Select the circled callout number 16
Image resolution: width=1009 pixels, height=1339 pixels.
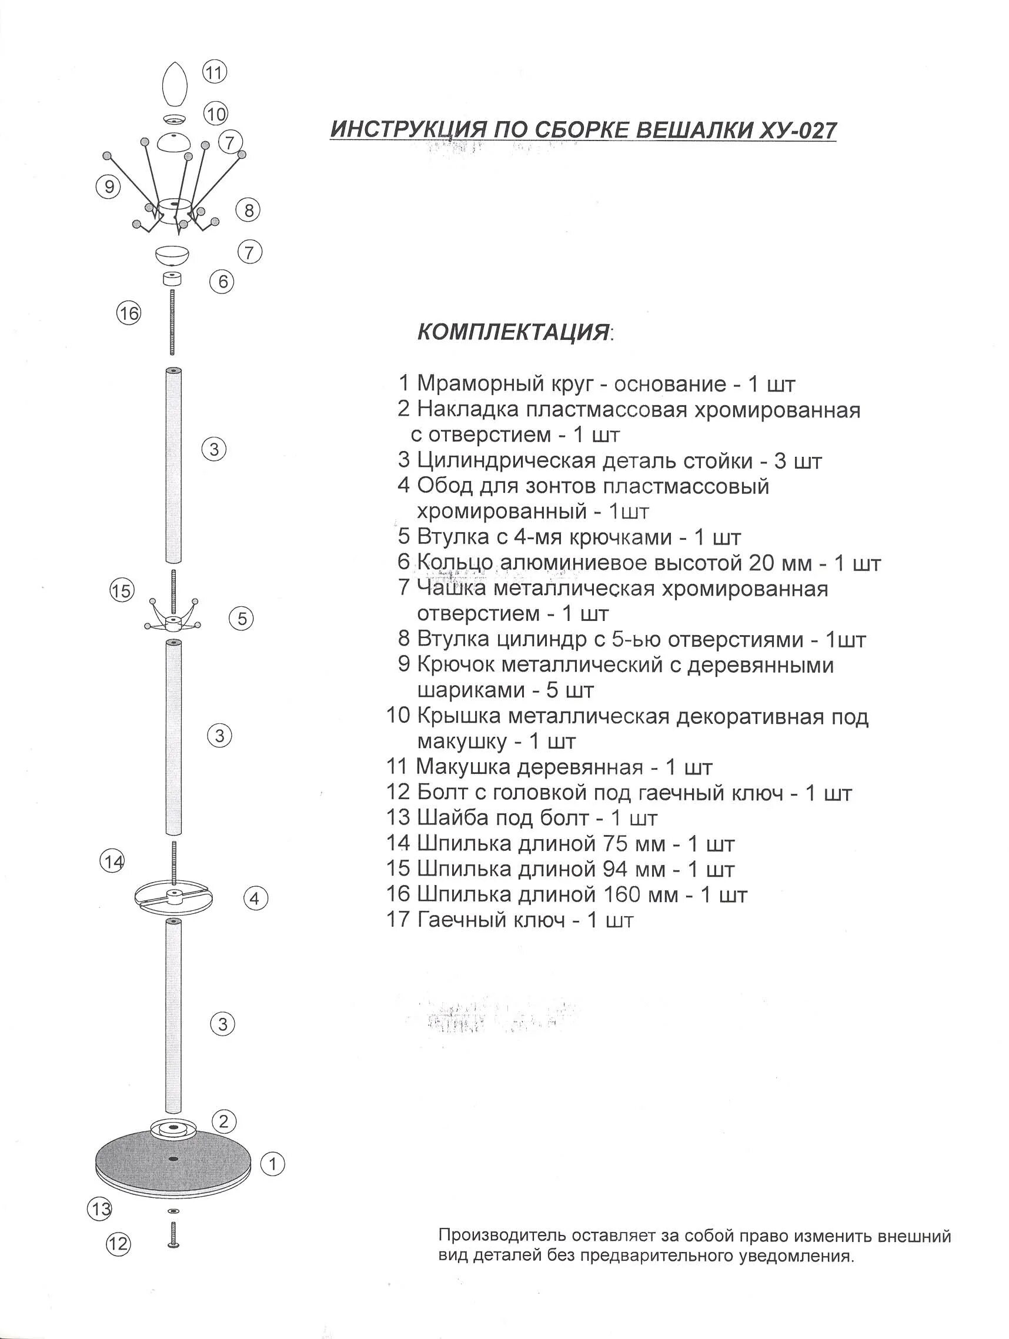128,313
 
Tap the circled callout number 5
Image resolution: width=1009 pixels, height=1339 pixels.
242,618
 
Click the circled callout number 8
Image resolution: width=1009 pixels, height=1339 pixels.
248,210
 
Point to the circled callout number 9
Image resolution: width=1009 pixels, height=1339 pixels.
109,186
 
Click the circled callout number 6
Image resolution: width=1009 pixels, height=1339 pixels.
223,282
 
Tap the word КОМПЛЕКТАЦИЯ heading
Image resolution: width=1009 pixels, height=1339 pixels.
513,332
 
